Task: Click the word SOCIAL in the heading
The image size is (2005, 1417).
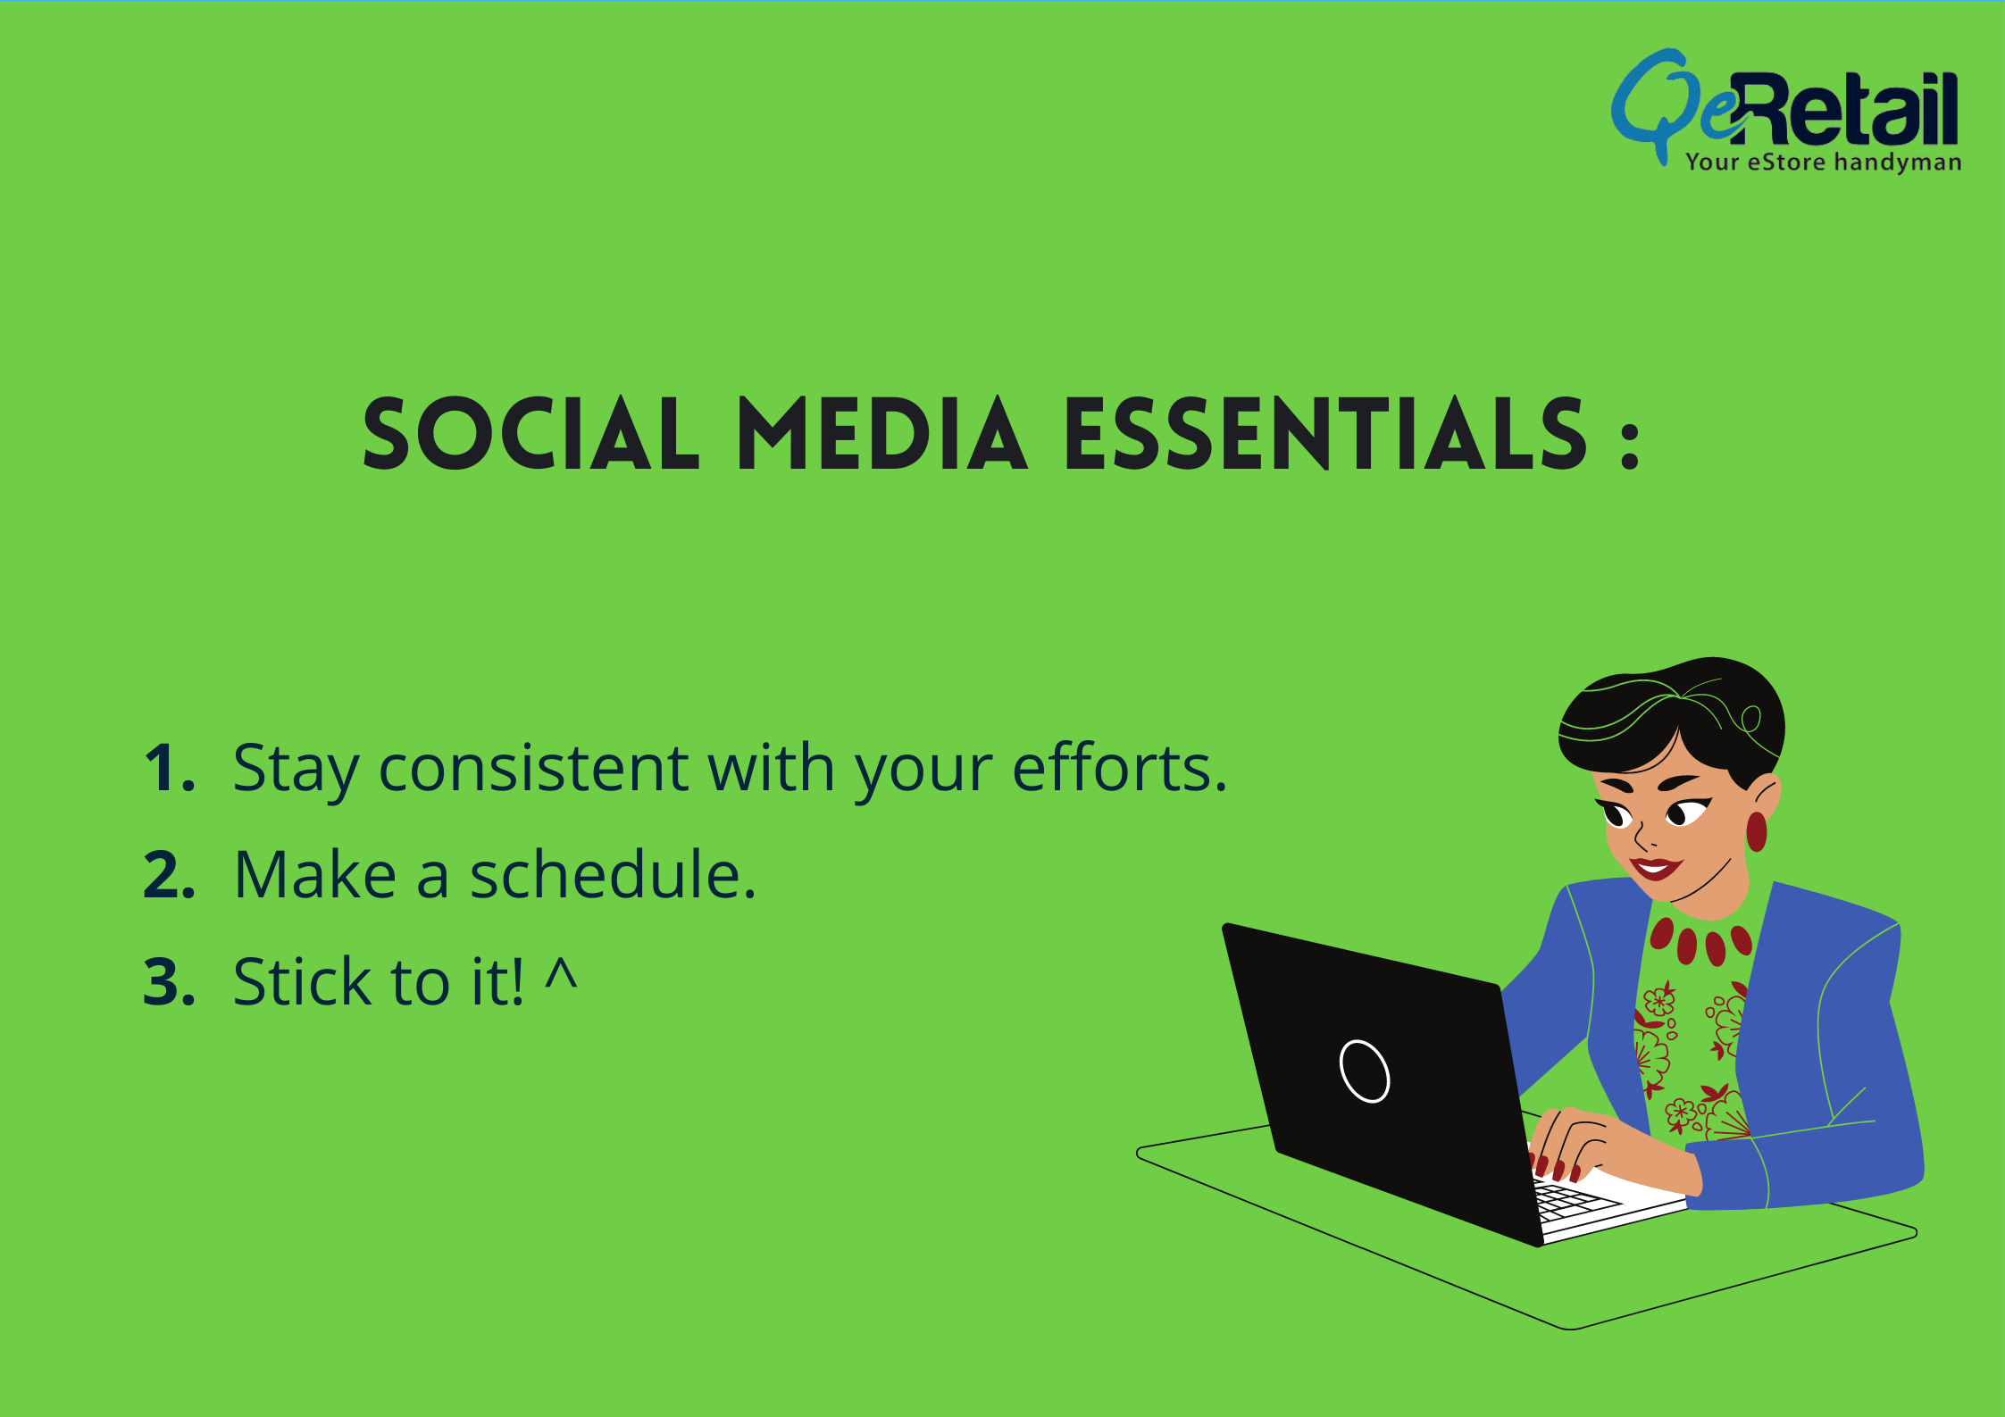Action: point(531,434)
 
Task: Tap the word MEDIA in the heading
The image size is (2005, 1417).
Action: point(882,434)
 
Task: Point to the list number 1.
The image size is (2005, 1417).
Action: point(170,767)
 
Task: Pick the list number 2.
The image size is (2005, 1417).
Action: point(170,874)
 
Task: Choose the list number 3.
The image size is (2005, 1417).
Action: point(170,981)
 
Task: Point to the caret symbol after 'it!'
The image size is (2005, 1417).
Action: point(562,972)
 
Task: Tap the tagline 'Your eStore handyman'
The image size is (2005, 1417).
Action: point(1823,162)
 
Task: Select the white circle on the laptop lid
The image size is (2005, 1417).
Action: point(1365,1071)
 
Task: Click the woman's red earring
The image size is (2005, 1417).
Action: point(1756,831)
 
